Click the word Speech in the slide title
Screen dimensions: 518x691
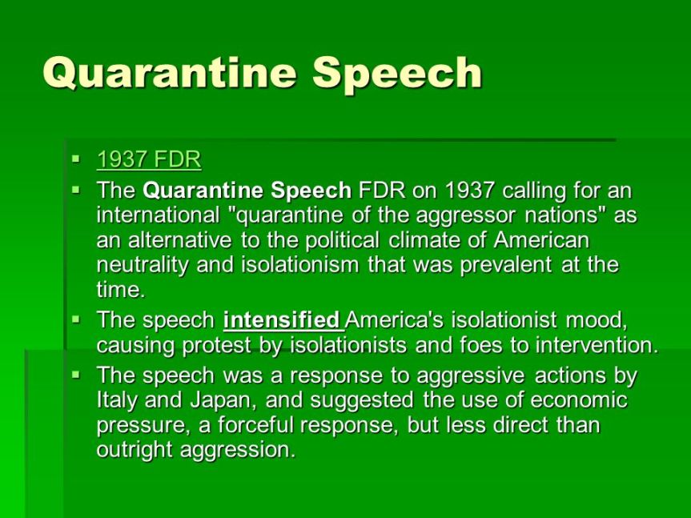(x=398, y=74)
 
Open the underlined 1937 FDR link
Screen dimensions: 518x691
(x=148, y=159)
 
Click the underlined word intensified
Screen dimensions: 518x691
(x=283, y=322)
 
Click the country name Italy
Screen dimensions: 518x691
(x=118, y=400)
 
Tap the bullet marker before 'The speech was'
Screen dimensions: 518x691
(x=76, y=374)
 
